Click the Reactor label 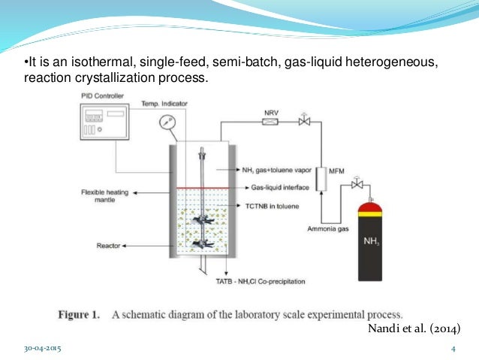tap(113, 245)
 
